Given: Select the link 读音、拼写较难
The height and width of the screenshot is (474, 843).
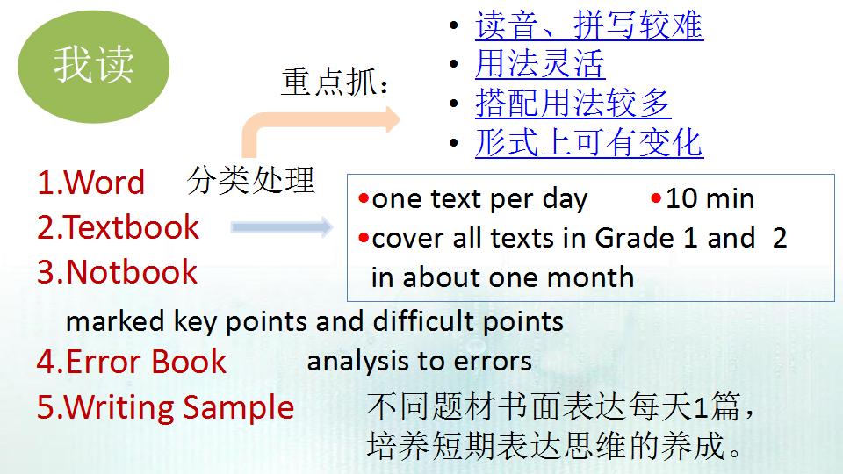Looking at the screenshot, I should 588,25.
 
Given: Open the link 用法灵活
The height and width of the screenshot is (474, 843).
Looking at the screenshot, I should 539,64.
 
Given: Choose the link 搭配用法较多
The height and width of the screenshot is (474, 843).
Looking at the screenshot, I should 573,104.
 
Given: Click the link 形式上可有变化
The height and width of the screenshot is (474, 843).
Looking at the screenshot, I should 588,142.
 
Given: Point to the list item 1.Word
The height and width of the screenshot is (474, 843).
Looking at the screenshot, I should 90,183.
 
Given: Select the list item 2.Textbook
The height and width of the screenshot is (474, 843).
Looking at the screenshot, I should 118,227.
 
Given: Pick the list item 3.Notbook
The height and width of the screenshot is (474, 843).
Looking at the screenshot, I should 117,272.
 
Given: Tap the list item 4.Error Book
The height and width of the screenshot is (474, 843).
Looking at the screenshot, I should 132,362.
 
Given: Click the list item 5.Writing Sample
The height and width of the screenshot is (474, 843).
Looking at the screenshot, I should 165,407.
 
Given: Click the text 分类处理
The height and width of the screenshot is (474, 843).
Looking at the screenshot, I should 250,179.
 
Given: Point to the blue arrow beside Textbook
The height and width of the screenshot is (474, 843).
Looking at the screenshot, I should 282,228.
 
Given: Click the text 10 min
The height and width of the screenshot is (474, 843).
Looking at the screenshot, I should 710,198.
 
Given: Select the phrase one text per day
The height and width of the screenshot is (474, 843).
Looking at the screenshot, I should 479,199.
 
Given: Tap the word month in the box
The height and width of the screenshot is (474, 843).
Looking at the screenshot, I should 590,277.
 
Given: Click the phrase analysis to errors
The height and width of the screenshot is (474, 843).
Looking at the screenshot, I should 419,361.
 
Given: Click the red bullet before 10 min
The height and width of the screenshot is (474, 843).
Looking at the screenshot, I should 656,198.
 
